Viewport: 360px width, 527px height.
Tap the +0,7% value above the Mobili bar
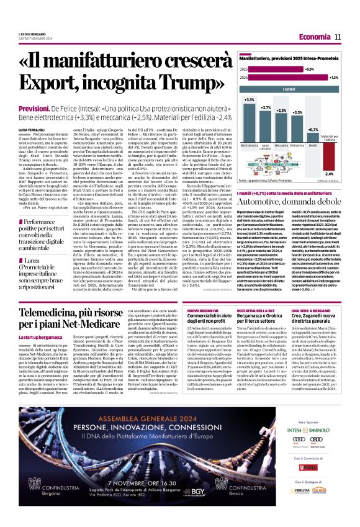point(312,130)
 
